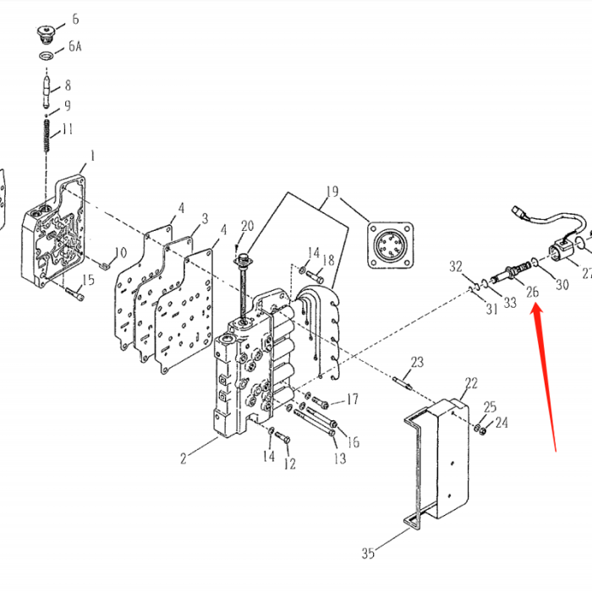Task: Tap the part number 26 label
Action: (532, 293)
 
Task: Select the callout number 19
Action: (332, 192)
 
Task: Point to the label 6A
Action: (74, 48)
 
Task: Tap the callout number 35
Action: (368, 554)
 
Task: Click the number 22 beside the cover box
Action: (471, 383)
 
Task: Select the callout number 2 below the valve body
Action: (182, 459)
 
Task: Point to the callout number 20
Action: (247, 226)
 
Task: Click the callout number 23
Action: (417, 362)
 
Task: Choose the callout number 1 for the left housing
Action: (92, 156)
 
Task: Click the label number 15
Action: (88, 280)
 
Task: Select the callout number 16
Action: (354, 441)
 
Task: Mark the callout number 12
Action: (290, 463)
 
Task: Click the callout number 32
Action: (457, 267)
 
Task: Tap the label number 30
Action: (562, 286)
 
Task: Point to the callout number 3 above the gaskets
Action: (204, 218)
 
